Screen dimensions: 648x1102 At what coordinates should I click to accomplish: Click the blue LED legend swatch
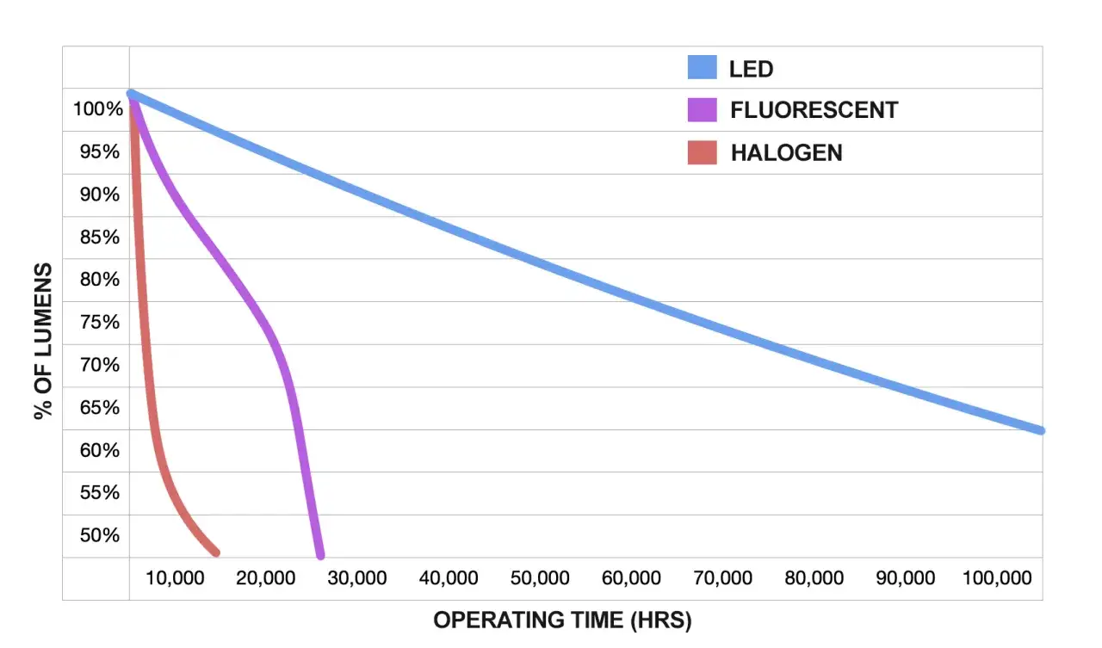click(702, 68)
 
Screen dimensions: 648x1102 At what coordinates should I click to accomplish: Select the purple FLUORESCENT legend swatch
click(702, 110)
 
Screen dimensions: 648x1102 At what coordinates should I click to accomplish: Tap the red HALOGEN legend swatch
click(702, 152)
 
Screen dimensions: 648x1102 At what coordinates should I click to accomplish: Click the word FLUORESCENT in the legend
click(814, 110)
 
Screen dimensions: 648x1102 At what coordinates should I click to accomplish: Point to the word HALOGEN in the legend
click(786, 153)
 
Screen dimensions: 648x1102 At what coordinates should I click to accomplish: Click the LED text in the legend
click(751, 69)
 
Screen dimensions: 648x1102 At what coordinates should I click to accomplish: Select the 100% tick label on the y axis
click(97, 109)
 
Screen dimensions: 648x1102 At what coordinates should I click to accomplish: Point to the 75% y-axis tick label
click(100, 323)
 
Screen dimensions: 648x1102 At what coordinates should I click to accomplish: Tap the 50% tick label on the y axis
click(100, 535)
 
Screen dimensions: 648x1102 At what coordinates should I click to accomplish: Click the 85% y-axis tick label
click(100, 238)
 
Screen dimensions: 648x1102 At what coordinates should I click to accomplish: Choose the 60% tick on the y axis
click(100, 450)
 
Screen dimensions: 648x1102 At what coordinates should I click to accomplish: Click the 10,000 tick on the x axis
click(175, 578)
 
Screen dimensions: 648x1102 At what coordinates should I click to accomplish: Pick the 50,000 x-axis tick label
click(540, 578)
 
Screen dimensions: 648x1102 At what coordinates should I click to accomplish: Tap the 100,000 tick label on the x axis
click(996, 578)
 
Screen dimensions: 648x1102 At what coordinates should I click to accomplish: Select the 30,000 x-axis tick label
click(357, 578)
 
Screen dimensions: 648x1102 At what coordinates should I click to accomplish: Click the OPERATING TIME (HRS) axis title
click(562, 620)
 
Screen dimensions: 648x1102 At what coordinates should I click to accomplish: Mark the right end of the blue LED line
click(1041, 430)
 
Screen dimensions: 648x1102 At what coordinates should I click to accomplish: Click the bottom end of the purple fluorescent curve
click(320, 555)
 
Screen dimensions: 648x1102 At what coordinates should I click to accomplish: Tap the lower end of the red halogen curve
click(215, 552)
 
